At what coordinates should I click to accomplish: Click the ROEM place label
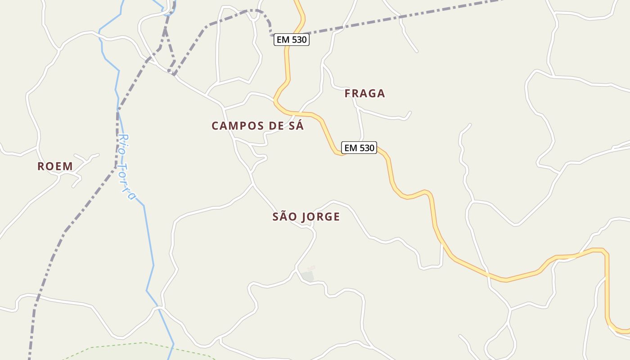[55, 166]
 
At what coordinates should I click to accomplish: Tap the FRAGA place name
[365, 94]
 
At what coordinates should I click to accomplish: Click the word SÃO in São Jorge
[285, 217]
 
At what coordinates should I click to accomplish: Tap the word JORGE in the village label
[320, 217]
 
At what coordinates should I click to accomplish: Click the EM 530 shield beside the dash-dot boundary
[292, 40]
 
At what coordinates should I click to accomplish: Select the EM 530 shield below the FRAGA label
[359, 148]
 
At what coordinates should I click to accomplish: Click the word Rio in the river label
[123, 142]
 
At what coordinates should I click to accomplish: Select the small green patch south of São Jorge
[308, 276]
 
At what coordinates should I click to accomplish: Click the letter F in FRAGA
[347, 94]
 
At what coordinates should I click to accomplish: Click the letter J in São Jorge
[304, 217]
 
